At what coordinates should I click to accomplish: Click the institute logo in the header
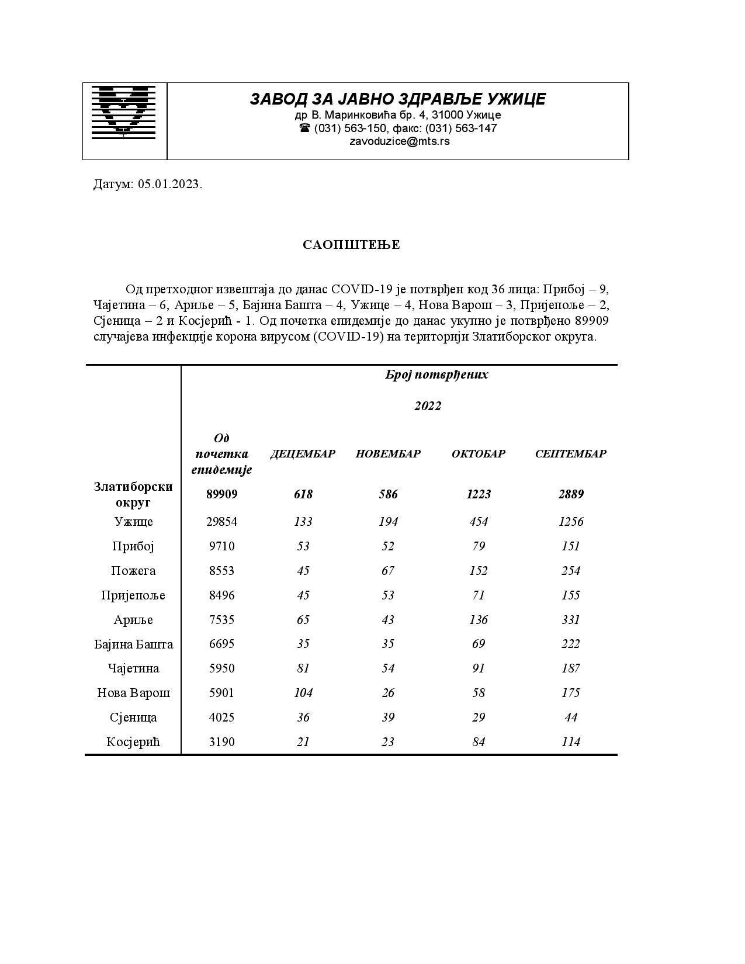click(x=123, y=112)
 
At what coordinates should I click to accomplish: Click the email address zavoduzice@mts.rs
click(x=399, y=141)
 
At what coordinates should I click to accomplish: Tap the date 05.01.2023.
click(x=170, y=185)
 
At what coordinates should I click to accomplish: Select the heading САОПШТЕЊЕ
click(x=351, y=245)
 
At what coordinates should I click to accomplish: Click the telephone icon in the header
click(x=304, y=128)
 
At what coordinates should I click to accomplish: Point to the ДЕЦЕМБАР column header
click(x=303, y=454)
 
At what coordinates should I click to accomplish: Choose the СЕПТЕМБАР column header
click(x=570, y=454)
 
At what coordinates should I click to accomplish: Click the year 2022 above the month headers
click(x=428, y=406)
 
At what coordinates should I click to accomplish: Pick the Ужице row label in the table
click(x=133, y=522)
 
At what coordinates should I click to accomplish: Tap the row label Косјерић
click(x=133, y=742)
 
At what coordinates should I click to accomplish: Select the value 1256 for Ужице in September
click(x=570, y=522)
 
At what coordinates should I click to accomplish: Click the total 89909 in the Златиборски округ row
click(x=221, y=494)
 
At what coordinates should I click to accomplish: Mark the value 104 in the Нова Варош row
click(x=303, y=693)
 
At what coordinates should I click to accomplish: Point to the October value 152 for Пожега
click(x=478, y=571)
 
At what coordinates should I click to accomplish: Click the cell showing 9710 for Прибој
click(x=221, y=546)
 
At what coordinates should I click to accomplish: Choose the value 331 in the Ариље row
click(x=570, y=620)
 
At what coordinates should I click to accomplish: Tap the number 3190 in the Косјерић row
click(x=221, y=742)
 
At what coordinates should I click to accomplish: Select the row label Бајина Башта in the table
click(x=133, y=644)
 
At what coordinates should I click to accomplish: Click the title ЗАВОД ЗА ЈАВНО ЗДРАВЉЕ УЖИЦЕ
click(x=398, y=99)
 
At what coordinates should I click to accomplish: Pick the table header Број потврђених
click(x=436, y=374)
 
